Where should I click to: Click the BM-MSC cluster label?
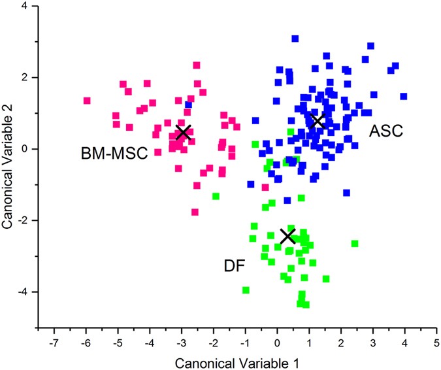click(x=114, y=154)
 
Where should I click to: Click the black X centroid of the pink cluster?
click(x=184, y=132)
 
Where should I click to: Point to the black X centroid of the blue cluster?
click(x=318, y=121)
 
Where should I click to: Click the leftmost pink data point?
click(x=87, y=101)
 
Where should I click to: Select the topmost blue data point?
click(x=295, y=39)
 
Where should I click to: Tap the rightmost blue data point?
click(x=404, y=96)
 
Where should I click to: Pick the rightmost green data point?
click(x=355, y=243)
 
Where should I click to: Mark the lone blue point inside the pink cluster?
click(x=188, y=105)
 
